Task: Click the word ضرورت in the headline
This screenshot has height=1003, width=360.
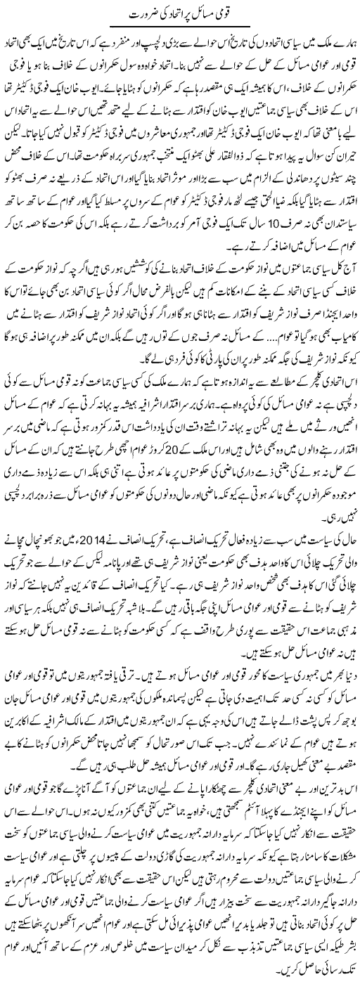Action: click(134, 15)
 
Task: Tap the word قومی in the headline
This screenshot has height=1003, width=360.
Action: click(228, 15)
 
